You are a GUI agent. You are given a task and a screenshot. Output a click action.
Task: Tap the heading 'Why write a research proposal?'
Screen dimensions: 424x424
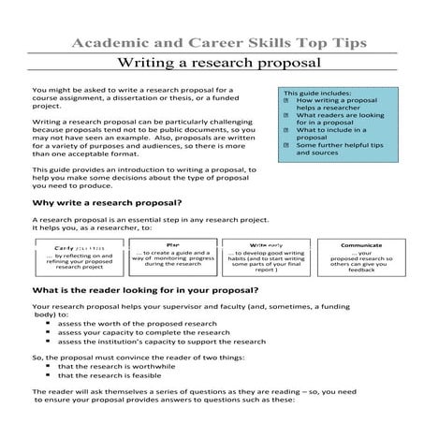point(107,202)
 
